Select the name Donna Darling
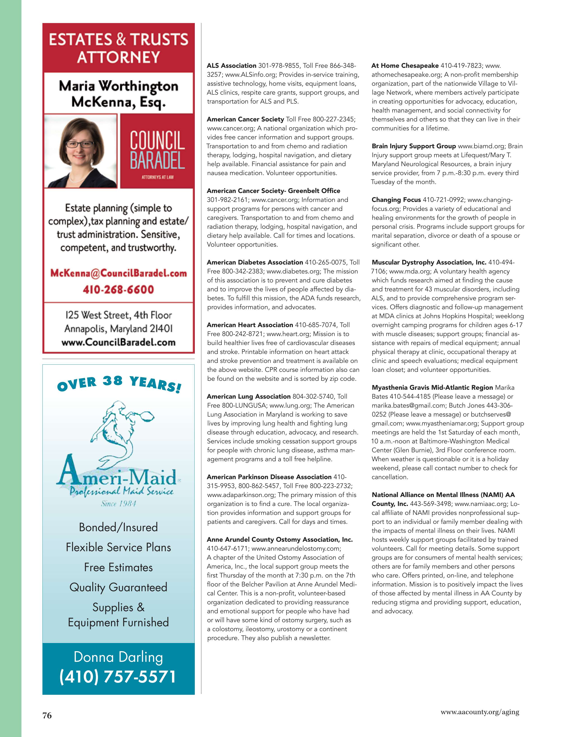point(118,657)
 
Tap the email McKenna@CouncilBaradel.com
point(118,273)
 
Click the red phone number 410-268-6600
point(118,290)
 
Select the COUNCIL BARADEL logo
point(157,151)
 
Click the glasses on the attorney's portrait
point(80,144)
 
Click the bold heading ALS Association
point(232,66)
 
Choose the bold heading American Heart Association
point(250,325)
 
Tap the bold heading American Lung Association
point(249,396)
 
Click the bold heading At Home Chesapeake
point(405,66)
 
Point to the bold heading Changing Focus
point(396,200)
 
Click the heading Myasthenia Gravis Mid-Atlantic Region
point(432,387)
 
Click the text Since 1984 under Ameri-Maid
point(118,503)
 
